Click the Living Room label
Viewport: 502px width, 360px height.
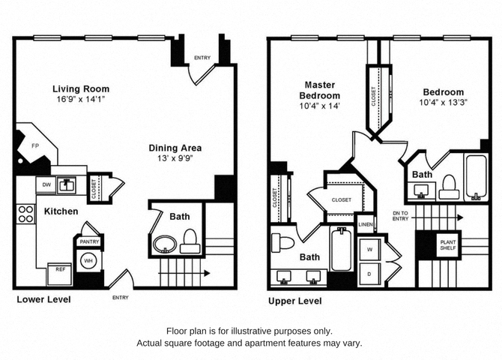click(81, 88)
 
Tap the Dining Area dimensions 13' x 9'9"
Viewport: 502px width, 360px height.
click(175, 158)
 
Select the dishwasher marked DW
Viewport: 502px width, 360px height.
click(46, 185)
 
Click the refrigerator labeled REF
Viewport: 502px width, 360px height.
click(60, 274)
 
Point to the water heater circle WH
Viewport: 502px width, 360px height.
click(88, 260)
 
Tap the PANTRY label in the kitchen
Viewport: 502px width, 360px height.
click(89, 241)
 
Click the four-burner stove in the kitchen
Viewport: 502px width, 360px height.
click(26, 214)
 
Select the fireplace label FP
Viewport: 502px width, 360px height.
click(35, 145)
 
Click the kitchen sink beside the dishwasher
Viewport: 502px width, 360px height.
click(67, 185)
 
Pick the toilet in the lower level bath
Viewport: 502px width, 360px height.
click(190, 241)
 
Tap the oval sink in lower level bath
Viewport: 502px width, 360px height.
click(165, 244)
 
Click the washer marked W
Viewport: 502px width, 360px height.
click(370, 249)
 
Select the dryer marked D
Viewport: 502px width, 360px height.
click(370, 274)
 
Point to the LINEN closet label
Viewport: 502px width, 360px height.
click(366, 224)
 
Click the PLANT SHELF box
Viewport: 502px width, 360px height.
click(448, 245)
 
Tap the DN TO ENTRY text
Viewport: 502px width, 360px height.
click(401, 216)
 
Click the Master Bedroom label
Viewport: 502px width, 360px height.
click(319, 90)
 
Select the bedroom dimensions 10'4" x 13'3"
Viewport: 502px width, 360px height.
click(444, 103)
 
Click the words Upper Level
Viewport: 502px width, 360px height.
click(295, 301)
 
